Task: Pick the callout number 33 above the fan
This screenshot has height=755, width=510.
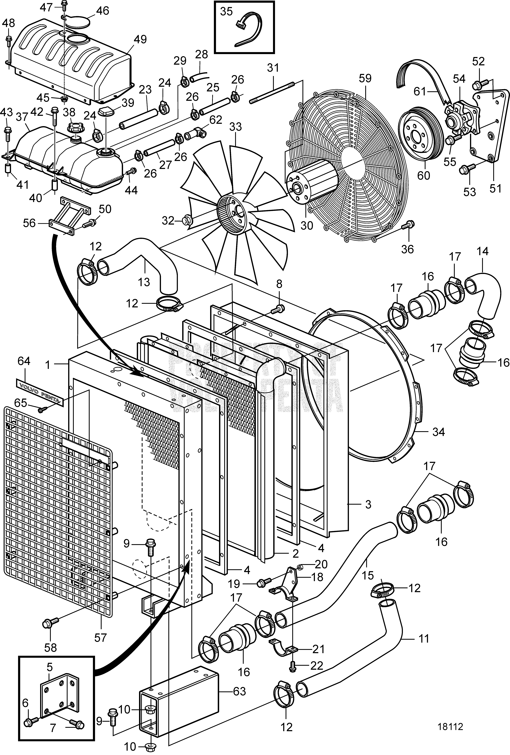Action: point(235,127)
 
